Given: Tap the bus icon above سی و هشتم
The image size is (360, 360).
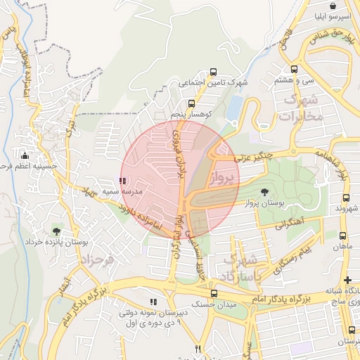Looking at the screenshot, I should [294, 69].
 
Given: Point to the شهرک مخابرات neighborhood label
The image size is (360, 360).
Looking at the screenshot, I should [300, 108].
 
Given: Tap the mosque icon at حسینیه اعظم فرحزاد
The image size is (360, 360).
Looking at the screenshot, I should [25, 155].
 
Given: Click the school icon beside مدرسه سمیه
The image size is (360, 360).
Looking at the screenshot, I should [123, 181].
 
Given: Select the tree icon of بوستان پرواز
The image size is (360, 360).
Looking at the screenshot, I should [264, 191].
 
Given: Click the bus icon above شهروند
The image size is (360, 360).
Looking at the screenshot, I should [343, 198].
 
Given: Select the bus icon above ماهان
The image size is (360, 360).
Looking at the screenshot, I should [343, 236].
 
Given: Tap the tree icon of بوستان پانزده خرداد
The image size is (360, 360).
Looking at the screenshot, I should [56, 230].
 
